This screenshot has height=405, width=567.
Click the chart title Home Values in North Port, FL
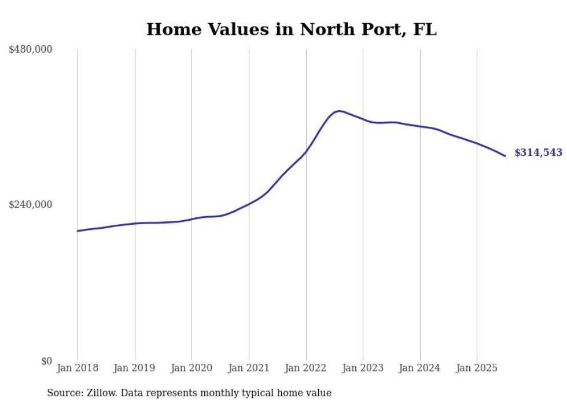tap(291, 29)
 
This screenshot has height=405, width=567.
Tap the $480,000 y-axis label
tap(31, 50)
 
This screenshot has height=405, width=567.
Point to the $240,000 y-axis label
tap(31, 205)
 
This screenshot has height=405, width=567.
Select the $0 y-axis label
tap(46, 361)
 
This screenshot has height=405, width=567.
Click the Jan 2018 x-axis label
tap(78, 368)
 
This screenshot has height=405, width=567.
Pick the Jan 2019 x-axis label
tap(135, 368)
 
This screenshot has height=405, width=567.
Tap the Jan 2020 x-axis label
tap(192, 368)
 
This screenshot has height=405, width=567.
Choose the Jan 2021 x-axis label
tap(249, 368)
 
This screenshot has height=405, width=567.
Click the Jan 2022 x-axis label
tap(306, 368)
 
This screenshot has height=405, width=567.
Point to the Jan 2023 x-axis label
tap(363, 368)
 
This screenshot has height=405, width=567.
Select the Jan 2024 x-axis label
tap(420, 368)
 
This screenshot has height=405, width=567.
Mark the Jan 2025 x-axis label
tap(477, 368)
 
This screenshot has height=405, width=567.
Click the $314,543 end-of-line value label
tap(538, 153)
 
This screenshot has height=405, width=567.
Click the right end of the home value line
tap(505, 156)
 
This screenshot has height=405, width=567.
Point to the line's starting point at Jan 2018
tap(78, 231)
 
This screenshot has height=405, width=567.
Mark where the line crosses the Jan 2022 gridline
tap(306, 152)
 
